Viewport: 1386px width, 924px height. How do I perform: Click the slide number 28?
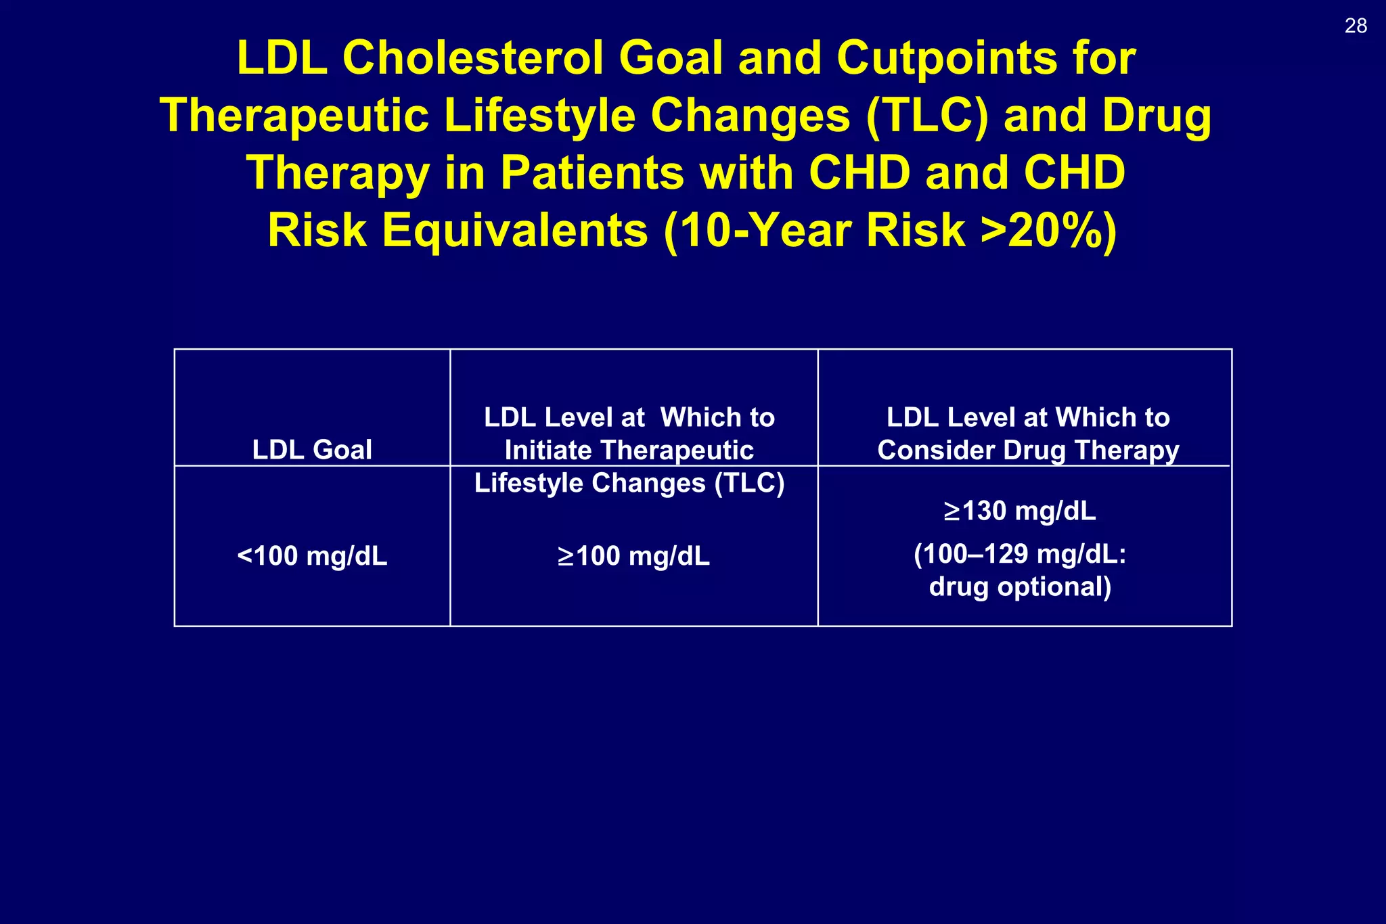point(1356,26)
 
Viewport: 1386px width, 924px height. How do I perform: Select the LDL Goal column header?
point(312,450)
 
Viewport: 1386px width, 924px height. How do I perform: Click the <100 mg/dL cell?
point(312,556)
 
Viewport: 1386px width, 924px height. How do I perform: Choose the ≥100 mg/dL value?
point(633,556)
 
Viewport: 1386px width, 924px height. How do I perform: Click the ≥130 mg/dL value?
point(1020,511)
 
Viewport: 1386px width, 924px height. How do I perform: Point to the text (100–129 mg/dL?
point(1020,554)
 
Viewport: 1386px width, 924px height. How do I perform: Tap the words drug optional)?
point(1020,586)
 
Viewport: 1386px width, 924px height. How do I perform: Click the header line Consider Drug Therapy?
point(1028,451)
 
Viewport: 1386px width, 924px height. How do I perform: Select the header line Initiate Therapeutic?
point(629,451)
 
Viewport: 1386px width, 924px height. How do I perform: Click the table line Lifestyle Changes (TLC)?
point(629,483)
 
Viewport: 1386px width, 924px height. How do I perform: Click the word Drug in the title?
point(1157,116)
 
